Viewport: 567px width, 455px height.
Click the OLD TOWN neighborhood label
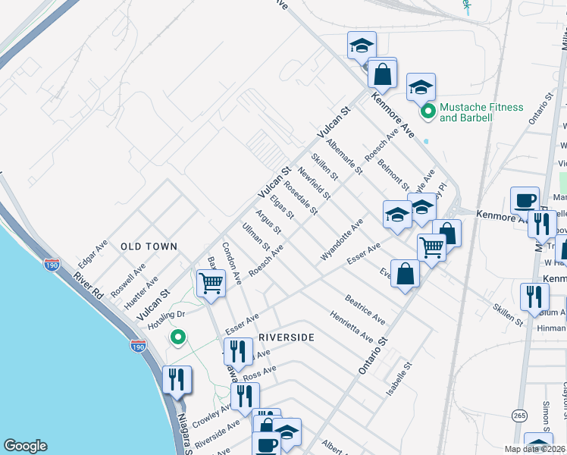(x=149, y=246)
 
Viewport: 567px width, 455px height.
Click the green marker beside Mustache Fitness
(x=428, y=112)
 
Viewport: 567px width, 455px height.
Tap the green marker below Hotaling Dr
(x=178, y=337)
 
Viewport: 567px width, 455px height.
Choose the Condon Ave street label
(x=231, y=263)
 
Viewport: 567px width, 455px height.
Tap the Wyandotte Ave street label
(x=342, y=240)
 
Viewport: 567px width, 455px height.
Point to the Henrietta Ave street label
(x=351, y=326)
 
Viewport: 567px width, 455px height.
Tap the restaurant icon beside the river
(x=177, y=378)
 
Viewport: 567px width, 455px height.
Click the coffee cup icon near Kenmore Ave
(x=525, y=201)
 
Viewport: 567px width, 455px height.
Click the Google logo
(x=25, y=446)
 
